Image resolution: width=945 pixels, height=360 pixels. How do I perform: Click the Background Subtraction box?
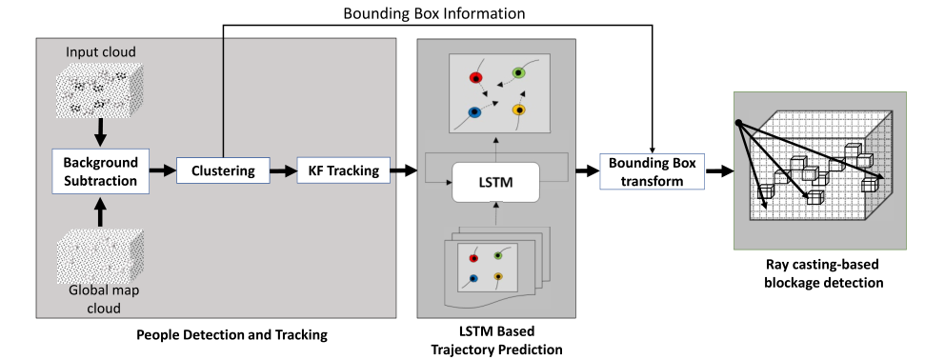pos(101,171)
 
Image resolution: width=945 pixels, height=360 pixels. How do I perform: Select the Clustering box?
pos(223,170)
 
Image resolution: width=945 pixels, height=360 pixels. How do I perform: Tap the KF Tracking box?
pos(344,170)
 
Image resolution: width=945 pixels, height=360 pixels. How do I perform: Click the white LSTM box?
pos(495,182)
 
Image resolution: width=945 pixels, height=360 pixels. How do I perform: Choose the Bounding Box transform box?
pos(653,171)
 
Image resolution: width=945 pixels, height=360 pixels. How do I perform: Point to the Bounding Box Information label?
pos(434,12)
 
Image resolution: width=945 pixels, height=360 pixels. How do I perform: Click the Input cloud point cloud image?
pos(99,90)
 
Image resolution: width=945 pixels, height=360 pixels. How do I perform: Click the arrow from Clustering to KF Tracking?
pos(283,171)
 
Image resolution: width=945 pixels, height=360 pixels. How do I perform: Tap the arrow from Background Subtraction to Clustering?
pos(163,171)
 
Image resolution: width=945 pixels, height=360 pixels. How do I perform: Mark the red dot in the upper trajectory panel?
pos(475,77)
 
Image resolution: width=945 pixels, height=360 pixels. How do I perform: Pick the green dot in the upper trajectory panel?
pos(518,73)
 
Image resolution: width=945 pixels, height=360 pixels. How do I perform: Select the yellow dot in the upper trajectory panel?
pos(518,110)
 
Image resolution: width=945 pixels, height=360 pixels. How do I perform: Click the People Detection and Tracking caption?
pos(232,334)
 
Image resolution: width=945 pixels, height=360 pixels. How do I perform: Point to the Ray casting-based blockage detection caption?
pos(822,273)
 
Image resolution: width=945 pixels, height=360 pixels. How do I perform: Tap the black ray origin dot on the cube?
pos(738,123)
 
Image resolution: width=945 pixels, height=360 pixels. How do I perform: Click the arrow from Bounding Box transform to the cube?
pos(719,171)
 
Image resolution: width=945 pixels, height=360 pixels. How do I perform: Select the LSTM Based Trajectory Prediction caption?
pos(496,340)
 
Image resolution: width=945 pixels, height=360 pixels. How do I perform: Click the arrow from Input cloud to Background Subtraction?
pos(101,132)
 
